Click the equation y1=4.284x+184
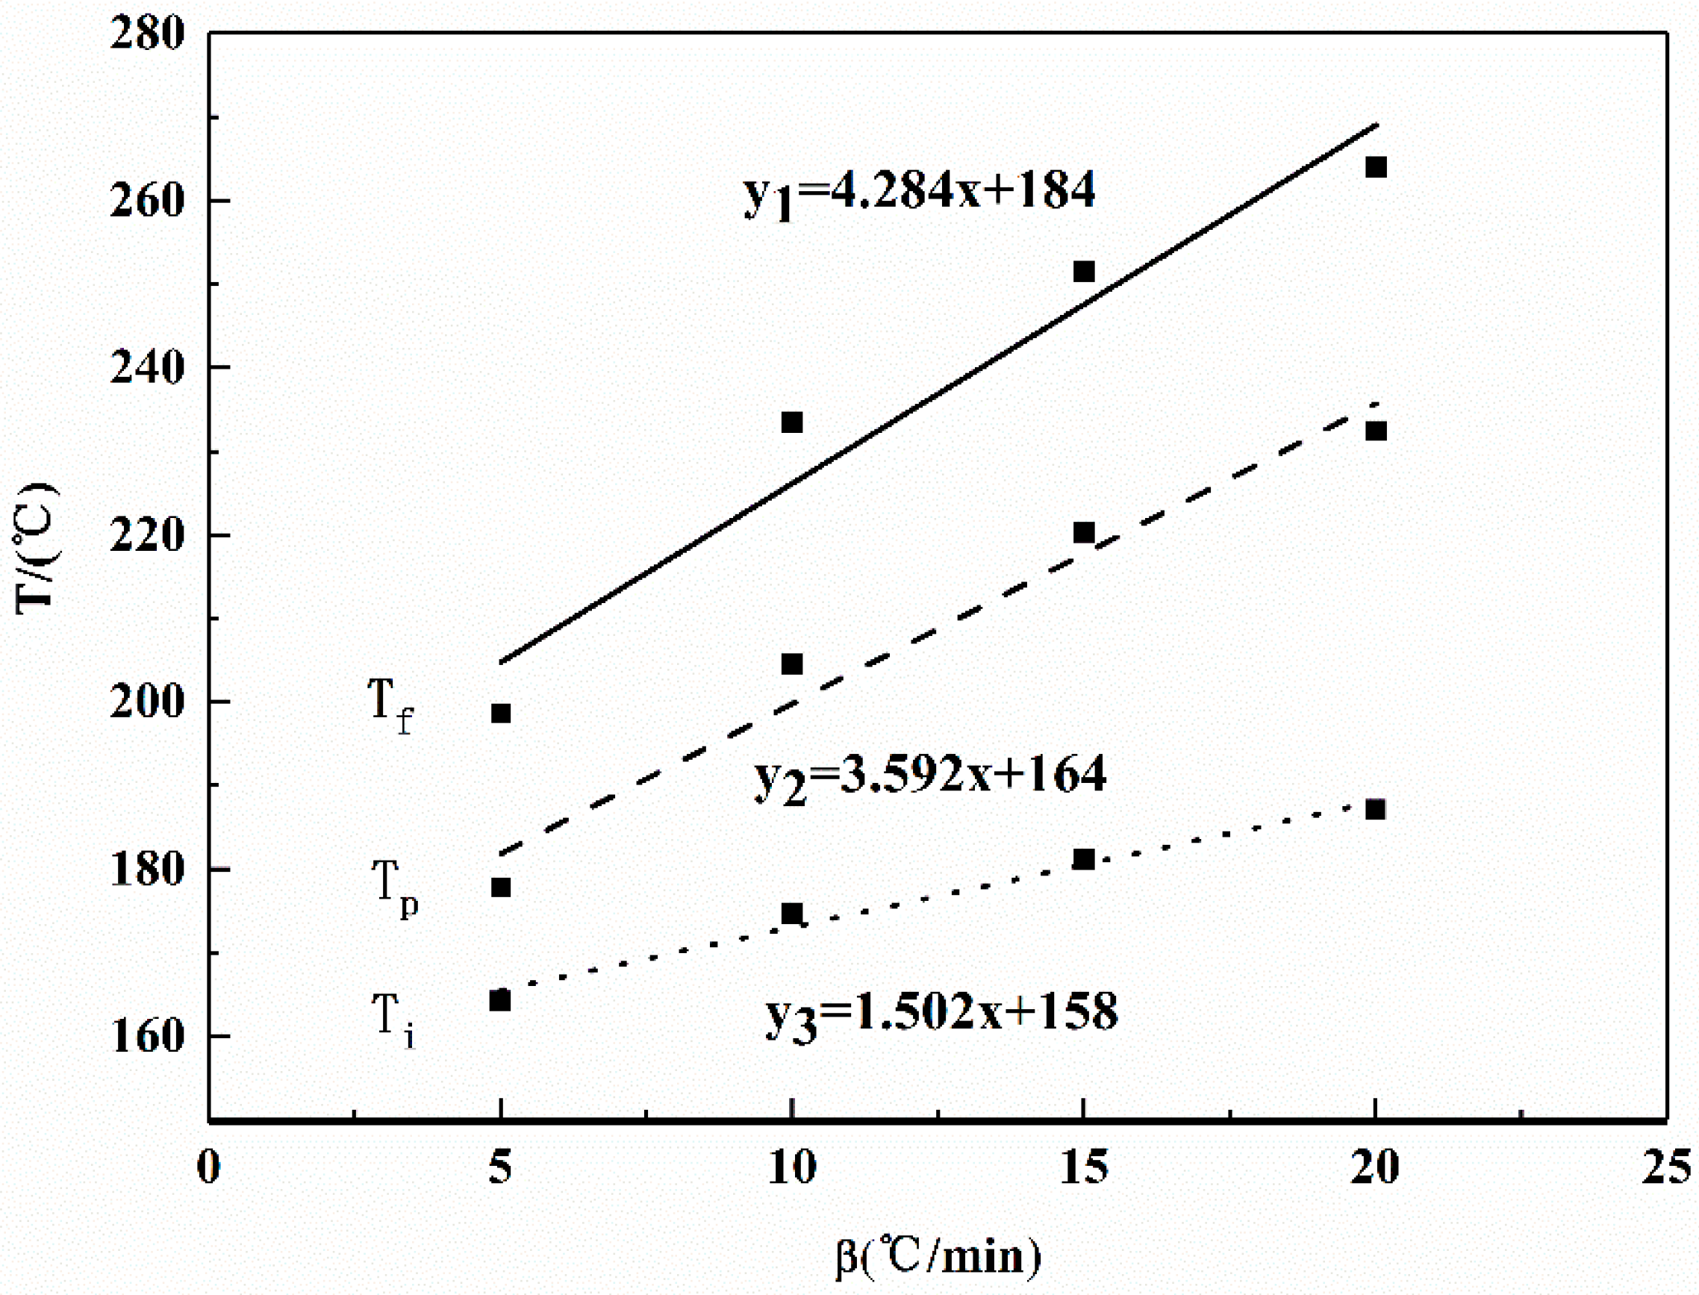(x=919, y=193)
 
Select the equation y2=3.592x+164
(x=929, y=776)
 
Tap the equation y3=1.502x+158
(x=941, y=1014)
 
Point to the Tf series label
(x=390, y=705)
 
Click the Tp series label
(x=394, y=889)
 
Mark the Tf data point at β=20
(x=1375, y=167)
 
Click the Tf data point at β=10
(x=792, y=422)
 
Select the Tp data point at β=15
(x=1084, y=533)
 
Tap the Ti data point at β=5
(x=500, y=1000)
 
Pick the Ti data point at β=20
(x=1375, y=809)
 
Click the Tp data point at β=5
(x=500, y=887)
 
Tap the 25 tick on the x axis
(x=1665, y=1167)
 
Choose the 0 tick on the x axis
(x=209, y=1167)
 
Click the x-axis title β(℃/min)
(x=938, y=1255)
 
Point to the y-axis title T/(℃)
(x=34, y=548)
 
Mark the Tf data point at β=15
(x=1084, y=272)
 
